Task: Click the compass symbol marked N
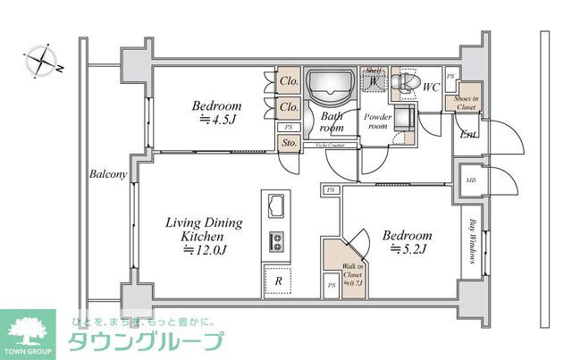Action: pos(41,61)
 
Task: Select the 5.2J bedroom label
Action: pos(407,242)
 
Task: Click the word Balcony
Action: pos(108,175)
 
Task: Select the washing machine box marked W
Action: pos(373,81)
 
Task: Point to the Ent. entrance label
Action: pos(467,135)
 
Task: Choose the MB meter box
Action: pos(470,180)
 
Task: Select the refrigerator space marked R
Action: pos(279,280)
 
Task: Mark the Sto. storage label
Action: pos(290,143)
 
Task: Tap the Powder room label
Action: pos(375,121)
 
